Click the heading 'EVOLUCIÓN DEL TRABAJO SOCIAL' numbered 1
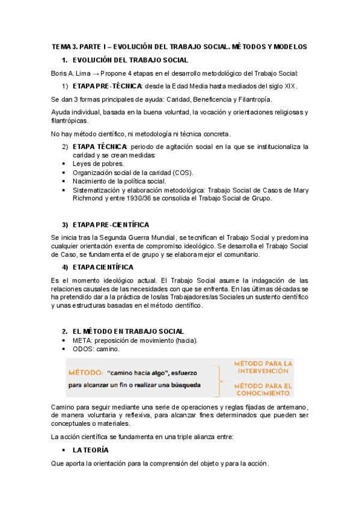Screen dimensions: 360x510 click(x=130, y=60)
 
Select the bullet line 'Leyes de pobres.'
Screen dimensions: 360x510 click(x=98, y=164)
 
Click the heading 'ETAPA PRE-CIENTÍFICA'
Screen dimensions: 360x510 click(x=111, y=224)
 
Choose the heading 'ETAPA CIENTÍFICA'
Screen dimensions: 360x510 click(x=103, y=267)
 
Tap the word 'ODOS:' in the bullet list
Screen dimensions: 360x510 click(x=84, y=349)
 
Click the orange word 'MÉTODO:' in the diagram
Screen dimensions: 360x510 click(x=87, y=373)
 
